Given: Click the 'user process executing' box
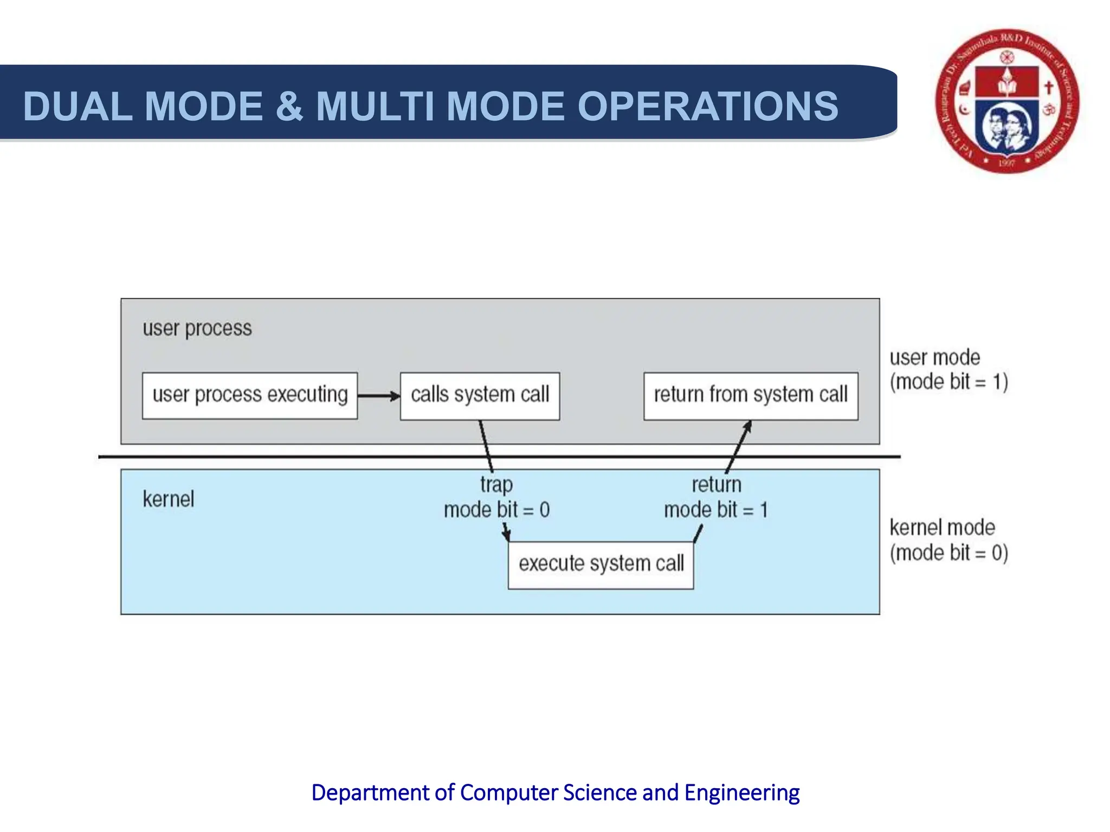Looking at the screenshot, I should (249, 395).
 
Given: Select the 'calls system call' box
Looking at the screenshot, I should (480, 395).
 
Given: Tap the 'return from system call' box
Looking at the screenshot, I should (750, 395).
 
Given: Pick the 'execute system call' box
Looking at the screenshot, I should (601, 564).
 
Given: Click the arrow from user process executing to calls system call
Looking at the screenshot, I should (378, 396).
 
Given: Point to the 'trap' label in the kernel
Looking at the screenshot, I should (496, 484).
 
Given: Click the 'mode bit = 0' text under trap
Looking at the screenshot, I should (496, 510).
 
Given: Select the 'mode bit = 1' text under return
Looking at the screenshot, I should (715, 510).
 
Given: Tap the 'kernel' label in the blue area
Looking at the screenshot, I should (168, 499).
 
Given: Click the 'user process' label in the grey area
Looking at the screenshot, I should (197, 328).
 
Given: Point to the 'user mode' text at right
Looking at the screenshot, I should (934, 357).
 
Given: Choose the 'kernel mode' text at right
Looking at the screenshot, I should (942, 527).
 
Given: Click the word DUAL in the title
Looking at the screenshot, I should (78, 106).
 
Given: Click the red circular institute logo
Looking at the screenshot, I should (1007, 102).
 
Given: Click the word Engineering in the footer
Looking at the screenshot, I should (741, 792).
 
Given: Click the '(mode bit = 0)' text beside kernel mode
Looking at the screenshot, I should (948, 553).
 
